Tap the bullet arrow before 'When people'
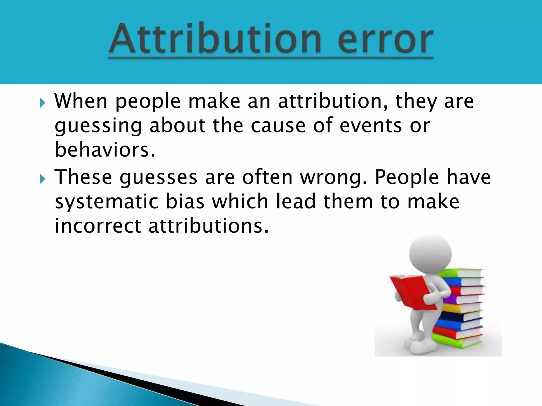42,103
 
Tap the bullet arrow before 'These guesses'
42,179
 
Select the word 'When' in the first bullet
81,101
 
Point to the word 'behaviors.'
105,150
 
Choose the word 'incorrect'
98,226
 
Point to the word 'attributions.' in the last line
209,226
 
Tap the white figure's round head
430,254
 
